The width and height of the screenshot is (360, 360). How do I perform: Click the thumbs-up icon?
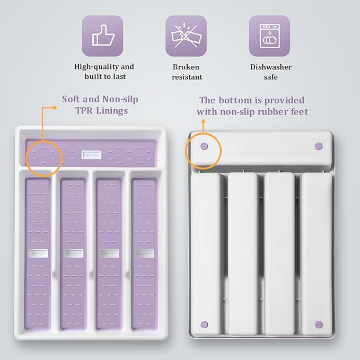103,36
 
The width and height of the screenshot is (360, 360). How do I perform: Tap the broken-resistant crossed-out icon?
186,36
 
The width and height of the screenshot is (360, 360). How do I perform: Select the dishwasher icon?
269,36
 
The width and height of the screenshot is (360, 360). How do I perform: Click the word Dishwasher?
271,67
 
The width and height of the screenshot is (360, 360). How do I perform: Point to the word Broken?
186,67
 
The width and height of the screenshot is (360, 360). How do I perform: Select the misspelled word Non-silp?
120,99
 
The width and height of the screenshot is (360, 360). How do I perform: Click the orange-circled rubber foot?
204,146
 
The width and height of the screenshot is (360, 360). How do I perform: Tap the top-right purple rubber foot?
319,146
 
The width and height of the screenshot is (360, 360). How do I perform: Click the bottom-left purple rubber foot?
204,324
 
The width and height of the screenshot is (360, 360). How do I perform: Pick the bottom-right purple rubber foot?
319,324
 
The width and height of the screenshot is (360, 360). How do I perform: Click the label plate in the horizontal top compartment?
91,155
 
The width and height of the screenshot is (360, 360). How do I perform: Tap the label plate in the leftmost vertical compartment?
38,253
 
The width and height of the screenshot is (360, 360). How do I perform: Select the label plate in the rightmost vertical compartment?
144,253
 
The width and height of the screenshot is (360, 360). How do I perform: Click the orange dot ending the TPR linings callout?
55,108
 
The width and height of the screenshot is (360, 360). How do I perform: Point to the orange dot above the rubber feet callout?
203,121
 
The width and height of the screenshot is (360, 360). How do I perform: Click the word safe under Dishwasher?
271,77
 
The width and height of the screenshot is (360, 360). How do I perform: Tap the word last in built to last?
119,76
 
